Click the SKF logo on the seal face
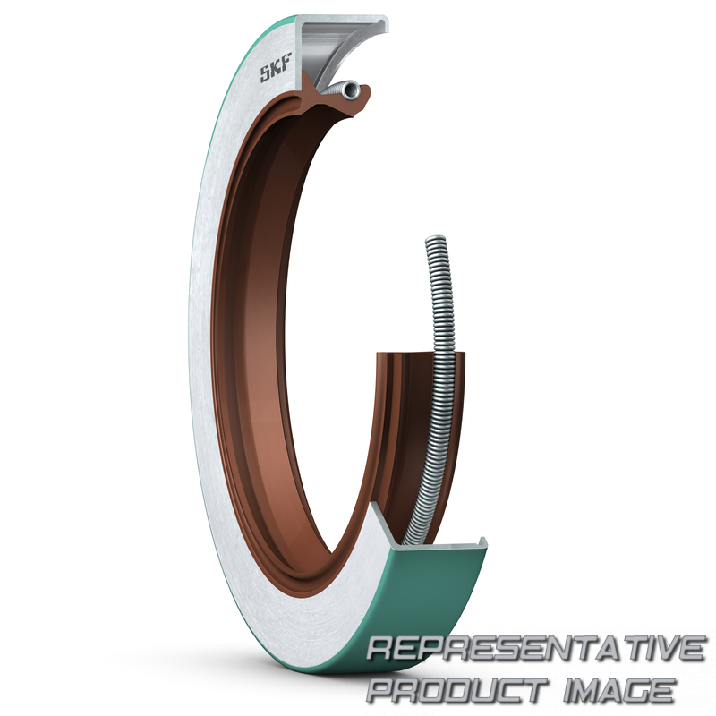coord(276,69)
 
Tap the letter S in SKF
coord(266,74)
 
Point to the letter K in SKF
coord(277,69)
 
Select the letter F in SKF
coord(286,64)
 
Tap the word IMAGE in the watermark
coord(618,689)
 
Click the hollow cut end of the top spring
coord(351,89)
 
